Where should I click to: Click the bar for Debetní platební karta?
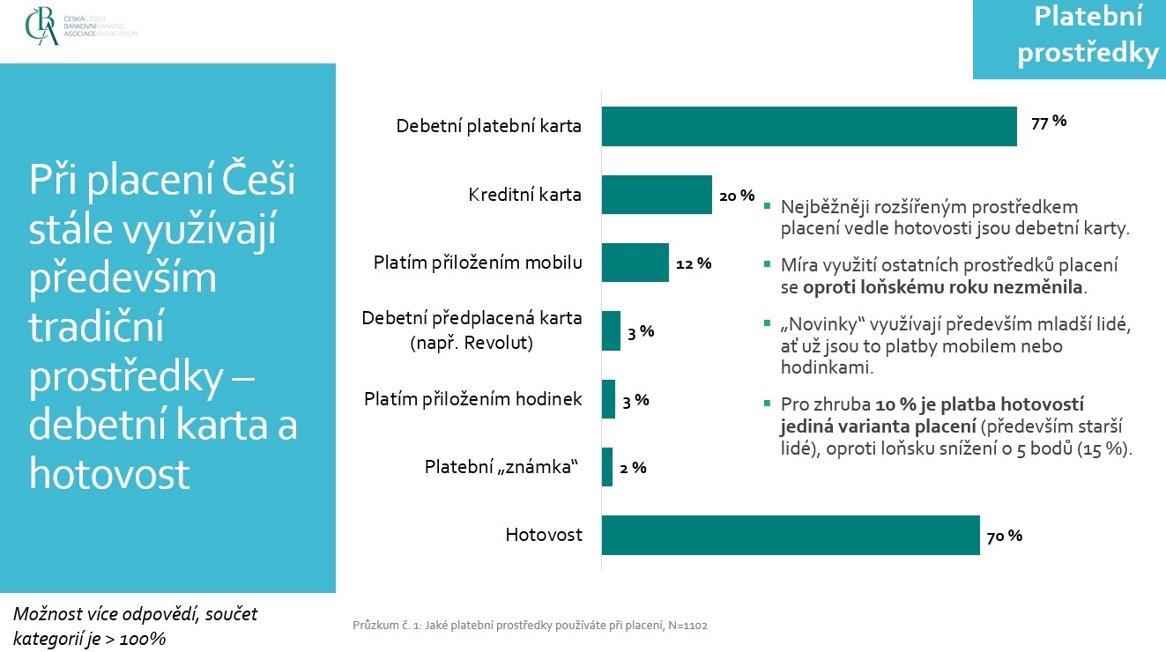click(808, 126)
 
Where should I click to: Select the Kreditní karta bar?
click(656, 195)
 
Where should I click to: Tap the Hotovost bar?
click(790, 535)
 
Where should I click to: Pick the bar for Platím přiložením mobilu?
click(635, 263)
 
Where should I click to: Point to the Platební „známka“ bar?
click(606, 467)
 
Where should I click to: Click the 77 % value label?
click(1049, 122)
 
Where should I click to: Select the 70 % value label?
click(1005, 536)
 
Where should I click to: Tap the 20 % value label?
click(737, 196)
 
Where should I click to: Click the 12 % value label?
click(694, 263)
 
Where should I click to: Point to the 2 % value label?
click(633, 468)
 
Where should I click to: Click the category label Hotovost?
click(544, 535)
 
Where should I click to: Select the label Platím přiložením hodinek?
click(473, 399)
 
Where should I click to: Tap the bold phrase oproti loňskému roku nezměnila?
click(944, 287)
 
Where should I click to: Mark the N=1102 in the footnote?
click(687, 626)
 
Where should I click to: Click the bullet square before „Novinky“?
click(767, 323)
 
